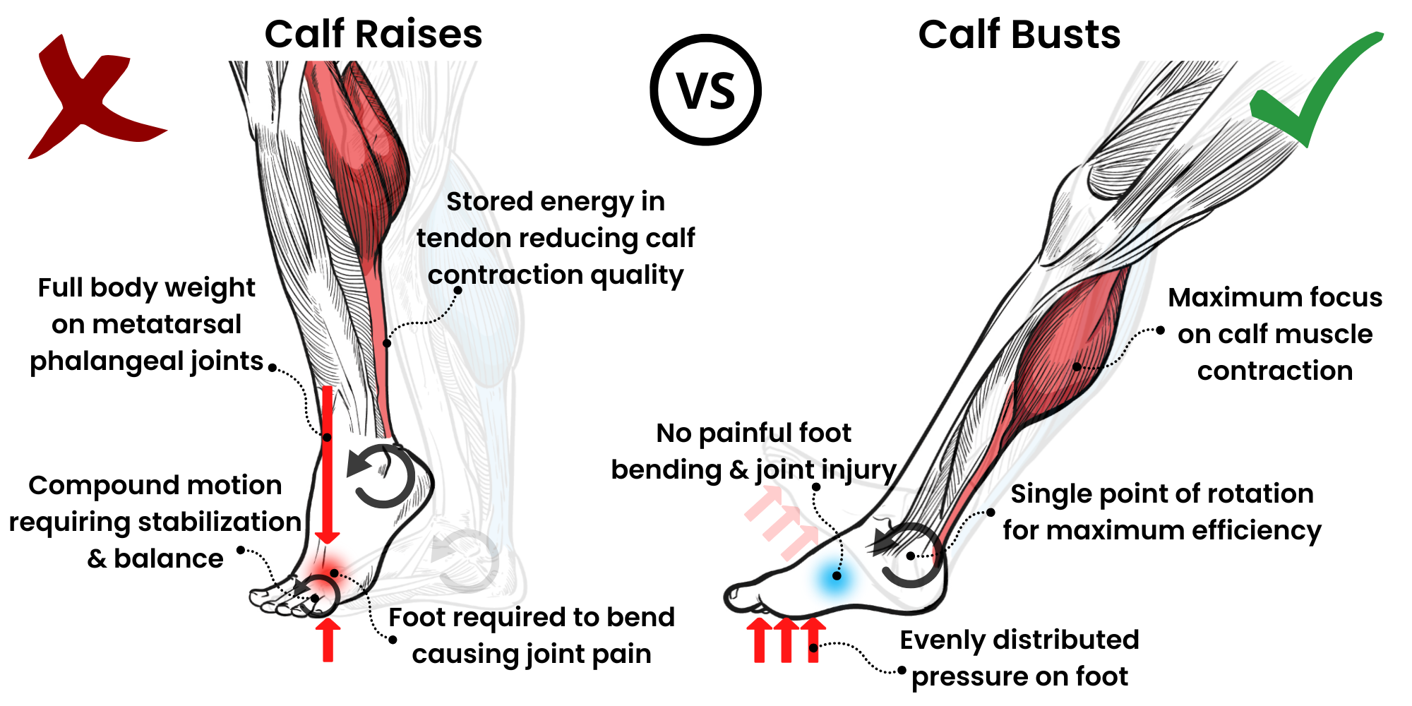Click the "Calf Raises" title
373,34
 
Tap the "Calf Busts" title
1019,34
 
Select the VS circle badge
705,90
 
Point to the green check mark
1313,88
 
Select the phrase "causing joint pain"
531,654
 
